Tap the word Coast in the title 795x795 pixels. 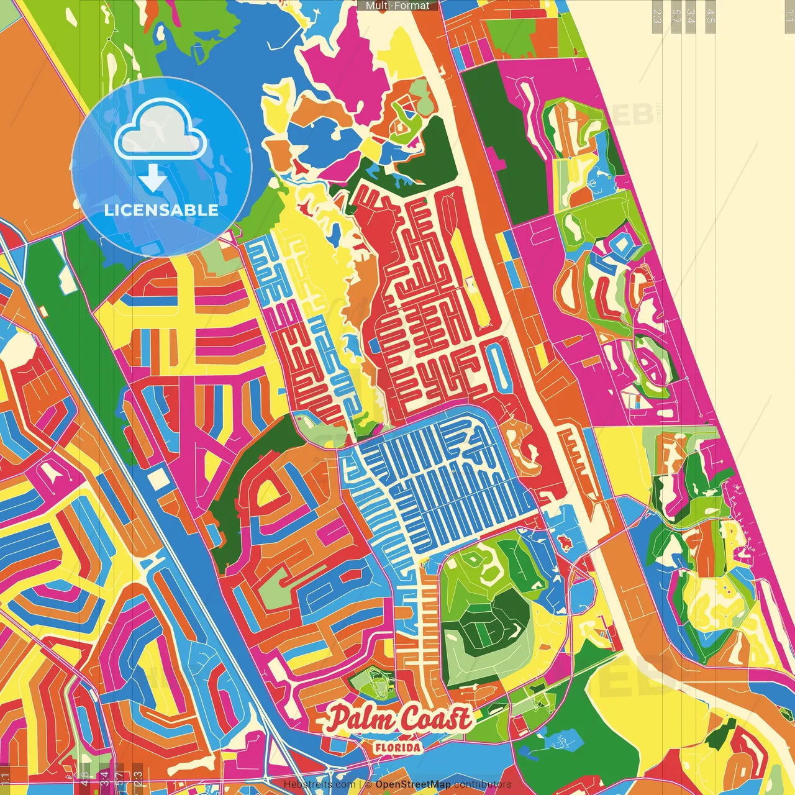pyautogui.click(x=435, y=719)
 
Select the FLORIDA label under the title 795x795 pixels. pyautogui.click(x=397, y=747)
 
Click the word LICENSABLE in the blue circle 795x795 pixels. pyautogui.click(x=161, y=210)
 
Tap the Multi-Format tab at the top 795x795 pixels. pyautogui.click(x=397, y=6)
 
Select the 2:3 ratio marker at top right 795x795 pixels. pyautogui.click(x=656, y=16)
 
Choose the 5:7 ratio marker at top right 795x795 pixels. pyautogui.click(x=676, y=16)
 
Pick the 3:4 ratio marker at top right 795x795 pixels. pyautogui.click(x=691, y=16)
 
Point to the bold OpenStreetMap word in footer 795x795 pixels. pyautogui.click(x=412, y=784)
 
